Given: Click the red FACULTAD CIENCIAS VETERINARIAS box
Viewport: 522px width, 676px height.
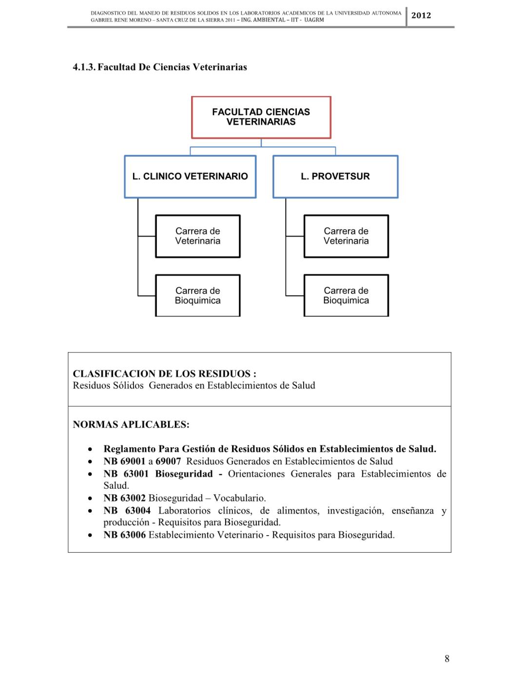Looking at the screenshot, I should pyautogui.click(x=261, y=117).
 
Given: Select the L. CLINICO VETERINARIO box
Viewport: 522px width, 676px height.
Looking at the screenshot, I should pyautogui.click(x=190, y=177).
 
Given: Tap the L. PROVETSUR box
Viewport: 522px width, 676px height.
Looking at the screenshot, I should pyautogui.click(x=335, y=177).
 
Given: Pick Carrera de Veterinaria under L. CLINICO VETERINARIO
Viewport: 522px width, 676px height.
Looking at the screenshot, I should pyautogui.click(x=197, y=236).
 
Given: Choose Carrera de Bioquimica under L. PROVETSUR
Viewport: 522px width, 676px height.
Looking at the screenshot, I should pyautogui.click(x=346, y=296).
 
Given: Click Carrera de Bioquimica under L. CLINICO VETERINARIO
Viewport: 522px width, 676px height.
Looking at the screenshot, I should pyautogui.click(x=197, y=296).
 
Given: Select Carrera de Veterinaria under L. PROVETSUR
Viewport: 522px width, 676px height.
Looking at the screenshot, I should pyautogui.click(x=346, y=236).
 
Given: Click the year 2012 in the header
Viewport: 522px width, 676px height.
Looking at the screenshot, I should pyautogui.click(x=421, y=16).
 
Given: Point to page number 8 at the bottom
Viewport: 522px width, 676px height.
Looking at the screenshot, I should pyautogui.click(x=447, y=658).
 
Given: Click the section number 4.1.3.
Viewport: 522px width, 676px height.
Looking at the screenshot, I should pyautogui.click(x=84, y=67).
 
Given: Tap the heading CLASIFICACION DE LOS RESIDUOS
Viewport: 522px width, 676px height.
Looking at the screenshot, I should pyautogui.click(x=164, y=374).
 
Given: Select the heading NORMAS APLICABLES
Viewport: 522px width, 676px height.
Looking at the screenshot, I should pyautogui.click(x=131, y=425).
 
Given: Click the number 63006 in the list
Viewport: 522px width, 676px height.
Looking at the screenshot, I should pyautogui.click(x=133, y=535).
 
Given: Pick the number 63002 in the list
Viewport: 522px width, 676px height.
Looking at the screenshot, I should pyautogui.click(x=133, y=498).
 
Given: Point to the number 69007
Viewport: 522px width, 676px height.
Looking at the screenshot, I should pyautogui.click(x=168, y=461).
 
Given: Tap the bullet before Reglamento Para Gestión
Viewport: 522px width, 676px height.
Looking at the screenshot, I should pyautogui.click(x=90, y=449).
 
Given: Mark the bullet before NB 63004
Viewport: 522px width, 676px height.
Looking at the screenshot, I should pyautogui.click(x=90, y=511).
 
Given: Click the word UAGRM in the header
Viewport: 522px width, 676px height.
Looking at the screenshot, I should pyautogui.click(x=314, y=20).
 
